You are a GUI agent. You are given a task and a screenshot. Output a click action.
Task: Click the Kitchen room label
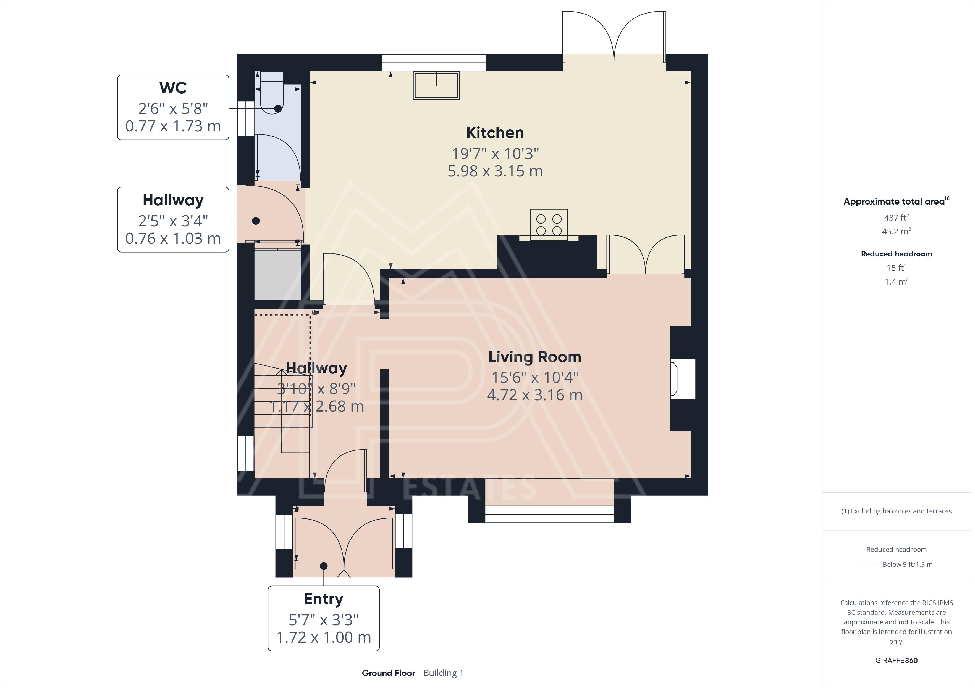[495, 133]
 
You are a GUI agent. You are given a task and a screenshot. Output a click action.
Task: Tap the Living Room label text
[535, 357]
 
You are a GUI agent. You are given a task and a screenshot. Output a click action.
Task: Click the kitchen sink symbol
[436, 85]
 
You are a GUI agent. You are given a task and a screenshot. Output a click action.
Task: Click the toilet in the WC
[271, 93]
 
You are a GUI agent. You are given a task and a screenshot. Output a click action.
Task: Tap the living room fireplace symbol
[683, 379]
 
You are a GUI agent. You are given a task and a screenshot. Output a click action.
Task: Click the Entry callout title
[324, 599]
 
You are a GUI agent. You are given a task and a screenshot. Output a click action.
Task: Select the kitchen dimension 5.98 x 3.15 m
[495, 171]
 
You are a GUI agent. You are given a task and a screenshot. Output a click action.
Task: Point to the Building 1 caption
[443, 673]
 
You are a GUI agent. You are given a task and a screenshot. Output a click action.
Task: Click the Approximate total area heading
[895, 201]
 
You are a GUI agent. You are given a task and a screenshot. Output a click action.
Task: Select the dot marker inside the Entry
[324, 566]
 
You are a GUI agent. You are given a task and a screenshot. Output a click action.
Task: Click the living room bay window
[549, 514]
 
